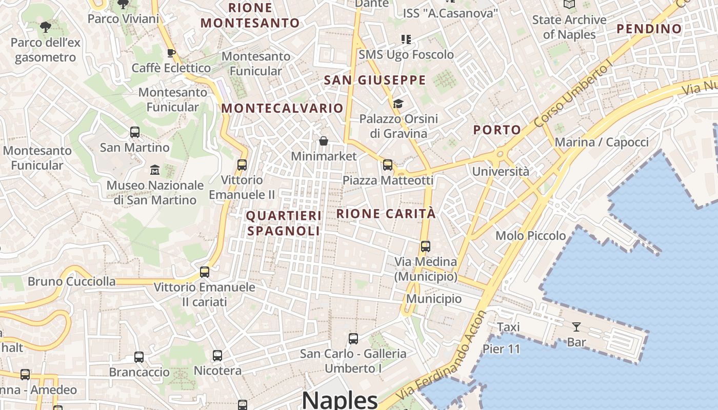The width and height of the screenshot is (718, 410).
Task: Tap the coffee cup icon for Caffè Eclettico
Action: [x=171, y=53]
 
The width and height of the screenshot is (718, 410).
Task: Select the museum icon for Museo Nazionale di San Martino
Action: [x=154, y=170]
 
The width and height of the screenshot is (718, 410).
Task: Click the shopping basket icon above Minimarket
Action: [x=324, y=141]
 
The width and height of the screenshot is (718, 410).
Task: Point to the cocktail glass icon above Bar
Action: [x=576, y=326]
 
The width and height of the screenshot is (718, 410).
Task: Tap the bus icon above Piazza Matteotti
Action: [x=388, y=165]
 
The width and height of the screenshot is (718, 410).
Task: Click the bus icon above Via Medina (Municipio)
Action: [x=425, y=247]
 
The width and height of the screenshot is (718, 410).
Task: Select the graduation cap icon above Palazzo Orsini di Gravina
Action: [x=398, y=104]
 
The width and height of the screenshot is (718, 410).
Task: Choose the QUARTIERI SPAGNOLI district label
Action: [x=284, y=223]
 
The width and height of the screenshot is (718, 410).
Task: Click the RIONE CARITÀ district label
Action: [x=386, y=214]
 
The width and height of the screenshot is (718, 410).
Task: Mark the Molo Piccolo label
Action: [x=530, y=236]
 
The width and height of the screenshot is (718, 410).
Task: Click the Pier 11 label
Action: [x=501, y=350]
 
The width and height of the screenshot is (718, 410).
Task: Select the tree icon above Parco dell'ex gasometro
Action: [x=46, y=27]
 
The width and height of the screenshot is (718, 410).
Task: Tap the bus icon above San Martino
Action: [x=135, y=132]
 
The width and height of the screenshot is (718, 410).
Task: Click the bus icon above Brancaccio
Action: [x=139, y=357]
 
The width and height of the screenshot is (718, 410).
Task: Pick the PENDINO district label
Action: [x=649, y=29]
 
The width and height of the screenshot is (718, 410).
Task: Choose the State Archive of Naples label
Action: [x=569, y=27]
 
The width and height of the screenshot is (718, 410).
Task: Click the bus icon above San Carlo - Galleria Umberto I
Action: [x=353, y=338]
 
